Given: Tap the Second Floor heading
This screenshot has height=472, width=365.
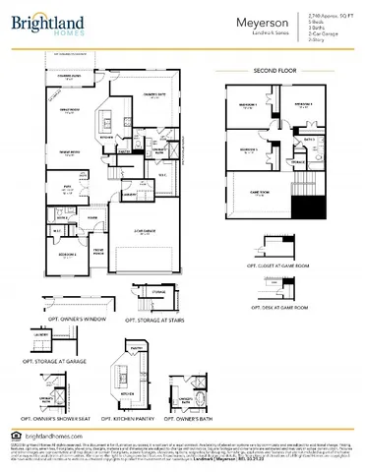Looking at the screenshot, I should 274,72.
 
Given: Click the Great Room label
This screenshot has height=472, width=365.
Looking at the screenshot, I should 69,110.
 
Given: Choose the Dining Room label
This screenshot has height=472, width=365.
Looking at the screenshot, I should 69,152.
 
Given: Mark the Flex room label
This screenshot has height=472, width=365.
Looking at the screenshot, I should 69,185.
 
